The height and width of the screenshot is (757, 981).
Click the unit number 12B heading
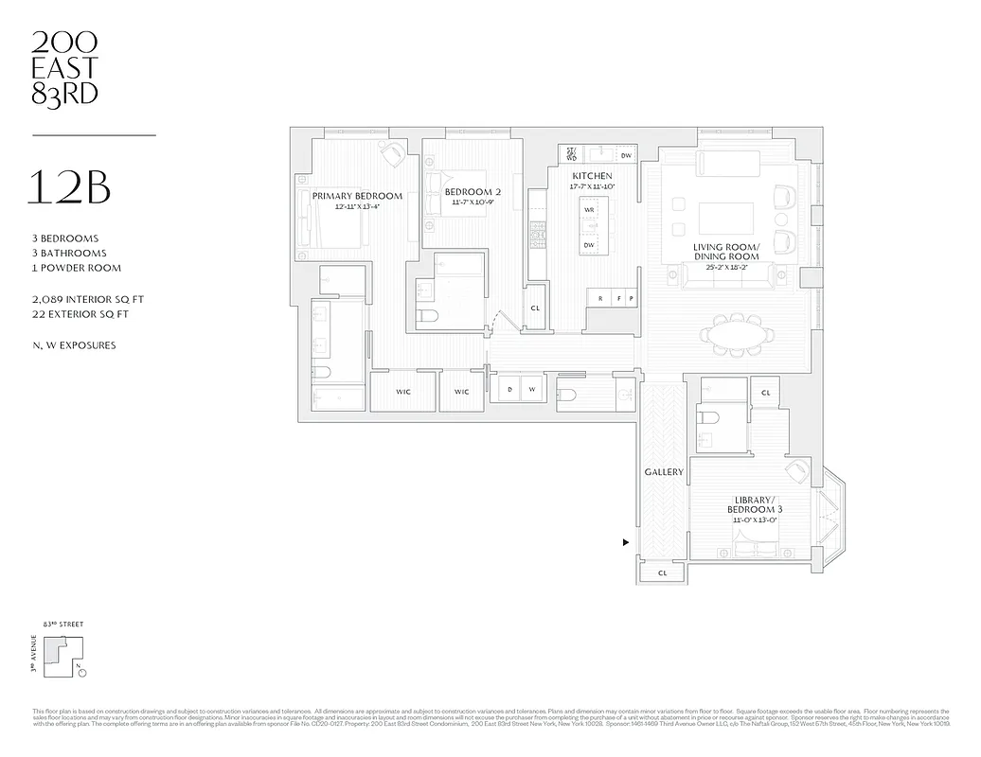pos(72,188)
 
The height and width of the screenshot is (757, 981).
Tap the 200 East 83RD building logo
pos(64,67)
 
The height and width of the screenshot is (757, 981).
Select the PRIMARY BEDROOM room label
pos(357,197)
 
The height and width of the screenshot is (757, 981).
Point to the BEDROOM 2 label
pos(473,193)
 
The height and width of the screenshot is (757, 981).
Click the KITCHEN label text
pos(592,177)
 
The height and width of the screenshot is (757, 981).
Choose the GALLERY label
pos(664,471)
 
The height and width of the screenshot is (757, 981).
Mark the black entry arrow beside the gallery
pos(625,543)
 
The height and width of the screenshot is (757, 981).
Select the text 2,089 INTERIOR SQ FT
pos(87,299)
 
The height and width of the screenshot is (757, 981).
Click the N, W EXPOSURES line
pos(74,345)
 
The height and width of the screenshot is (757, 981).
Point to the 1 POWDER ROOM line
pos(77,268)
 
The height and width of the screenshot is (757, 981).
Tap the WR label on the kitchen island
pos(588,210)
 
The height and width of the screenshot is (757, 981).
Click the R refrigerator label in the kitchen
pos(600,299)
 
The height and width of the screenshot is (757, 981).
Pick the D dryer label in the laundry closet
pos(509,389)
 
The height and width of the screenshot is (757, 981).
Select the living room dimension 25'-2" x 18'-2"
pos(726,268)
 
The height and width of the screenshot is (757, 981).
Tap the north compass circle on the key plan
pos(81,673)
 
